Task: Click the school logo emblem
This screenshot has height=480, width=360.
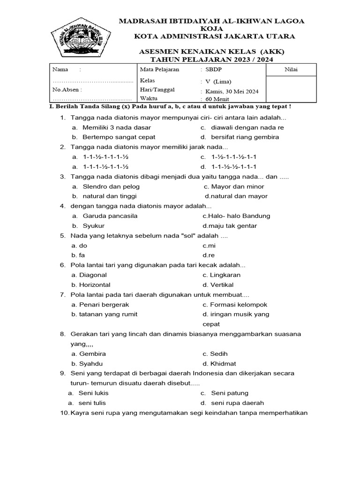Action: [80, 37]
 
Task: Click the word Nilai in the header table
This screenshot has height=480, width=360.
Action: [291, 70]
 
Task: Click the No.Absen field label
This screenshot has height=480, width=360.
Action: [67, 89]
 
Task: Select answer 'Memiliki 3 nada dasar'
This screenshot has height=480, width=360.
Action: [117, 127]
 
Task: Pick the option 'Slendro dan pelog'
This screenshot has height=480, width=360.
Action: [111, 187]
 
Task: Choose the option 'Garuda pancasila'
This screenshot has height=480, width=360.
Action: [110, 216]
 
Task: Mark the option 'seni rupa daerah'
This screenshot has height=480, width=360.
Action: [237, 403]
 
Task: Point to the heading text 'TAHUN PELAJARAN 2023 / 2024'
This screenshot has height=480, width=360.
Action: [211, 60]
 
